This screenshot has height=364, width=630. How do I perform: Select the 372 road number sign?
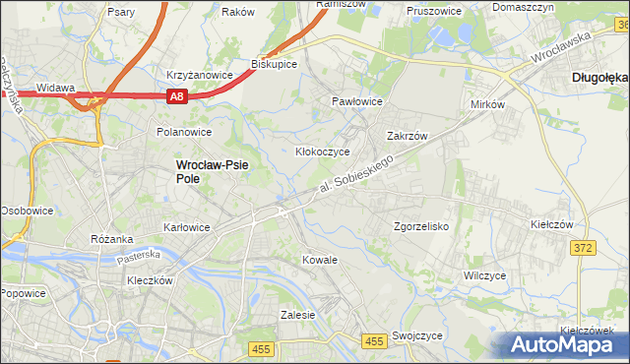582,248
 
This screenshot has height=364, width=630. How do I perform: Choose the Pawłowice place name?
356,101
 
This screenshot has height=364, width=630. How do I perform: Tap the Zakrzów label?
406,137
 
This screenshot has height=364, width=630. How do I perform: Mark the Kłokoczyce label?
323,152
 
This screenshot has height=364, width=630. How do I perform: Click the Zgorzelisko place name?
421,226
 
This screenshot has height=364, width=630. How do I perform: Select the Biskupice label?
275,64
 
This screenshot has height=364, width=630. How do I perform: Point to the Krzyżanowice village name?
200,75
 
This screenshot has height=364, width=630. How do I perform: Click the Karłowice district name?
186,227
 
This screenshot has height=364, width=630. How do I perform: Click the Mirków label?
487,104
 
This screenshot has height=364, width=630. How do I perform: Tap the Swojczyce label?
416,335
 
